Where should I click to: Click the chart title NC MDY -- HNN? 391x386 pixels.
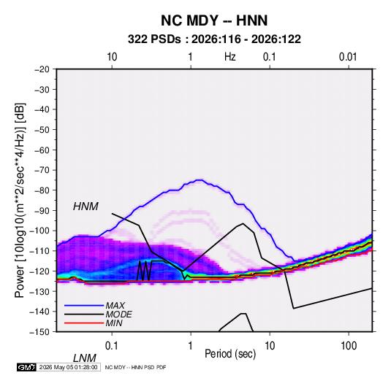point(214,20)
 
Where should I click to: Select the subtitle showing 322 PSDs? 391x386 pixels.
point(214,39)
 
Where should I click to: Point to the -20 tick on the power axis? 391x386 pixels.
point(42,69)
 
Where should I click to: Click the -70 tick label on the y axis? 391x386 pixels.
point(42,170)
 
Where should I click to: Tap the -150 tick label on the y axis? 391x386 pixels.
point(39,332)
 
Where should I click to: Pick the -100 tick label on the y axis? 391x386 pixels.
point(39,231)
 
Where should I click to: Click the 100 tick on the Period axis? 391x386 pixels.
point(349,346)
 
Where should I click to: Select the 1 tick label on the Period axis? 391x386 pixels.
point(191,346)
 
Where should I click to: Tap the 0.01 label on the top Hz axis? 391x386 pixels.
point(348,57)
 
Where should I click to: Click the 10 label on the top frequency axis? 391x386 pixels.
point(112,57)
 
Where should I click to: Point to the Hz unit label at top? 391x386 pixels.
point(230,57)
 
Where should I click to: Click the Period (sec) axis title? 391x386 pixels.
point(230,354)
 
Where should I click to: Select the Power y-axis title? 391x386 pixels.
point(20,200)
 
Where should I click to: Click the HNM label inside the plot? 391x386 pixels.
point(86,206)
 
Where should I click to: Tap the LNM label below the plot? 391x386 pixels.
point(85,358)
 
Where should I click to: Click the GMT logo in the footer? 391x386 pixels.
point(27,367)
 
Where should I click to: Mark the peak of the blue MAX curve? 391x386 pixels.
point(200,180)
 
